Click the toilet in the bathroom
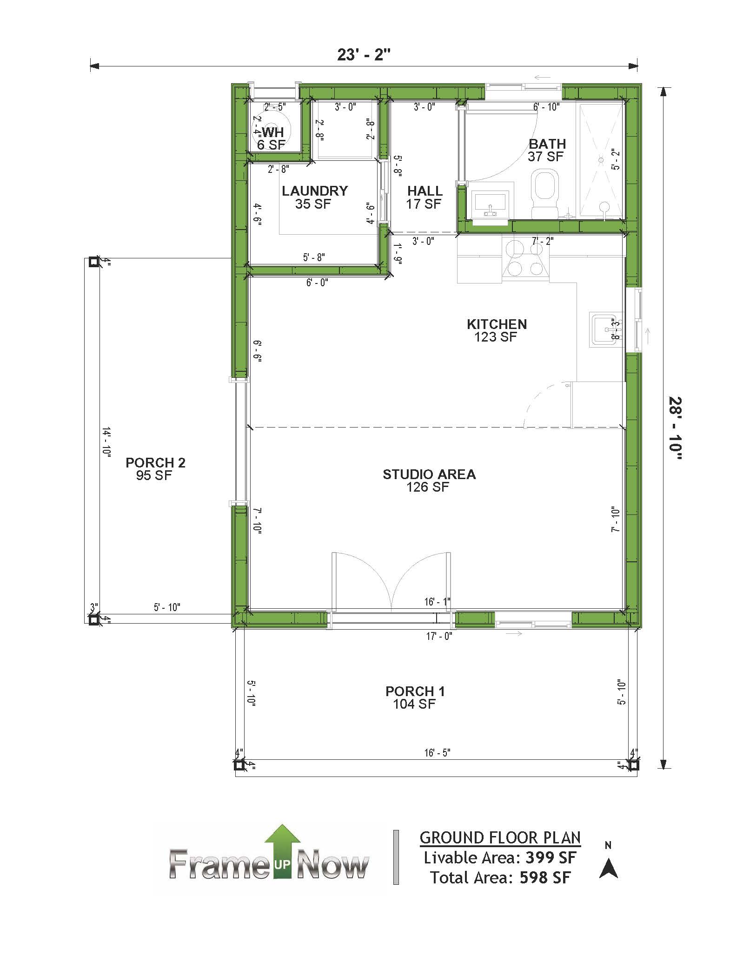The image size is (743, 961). tap(545, 194)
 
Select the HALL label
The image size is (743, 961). tap(425, 191)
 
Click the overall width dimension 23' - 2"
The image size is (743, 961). tap(364, 55)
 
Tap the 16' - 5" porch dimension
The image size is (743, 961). tap(437, 752)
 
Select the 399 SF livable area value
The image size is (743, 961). tap(551, 857)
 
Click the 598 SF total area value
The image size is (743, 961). tap(545, 877)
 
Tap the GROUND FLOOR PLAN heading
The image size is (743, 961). tap(500, 837)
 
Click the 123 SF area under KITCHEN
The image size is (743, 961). tap(496, 337)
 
